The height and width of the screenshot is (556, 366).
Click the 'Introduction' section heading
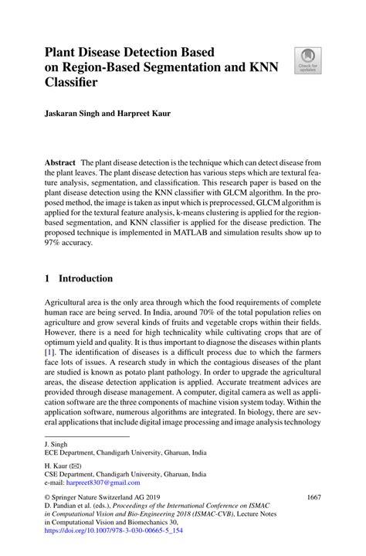(86, 278)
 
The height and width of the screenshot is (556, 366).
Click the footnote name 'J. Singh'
(56, 445)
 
